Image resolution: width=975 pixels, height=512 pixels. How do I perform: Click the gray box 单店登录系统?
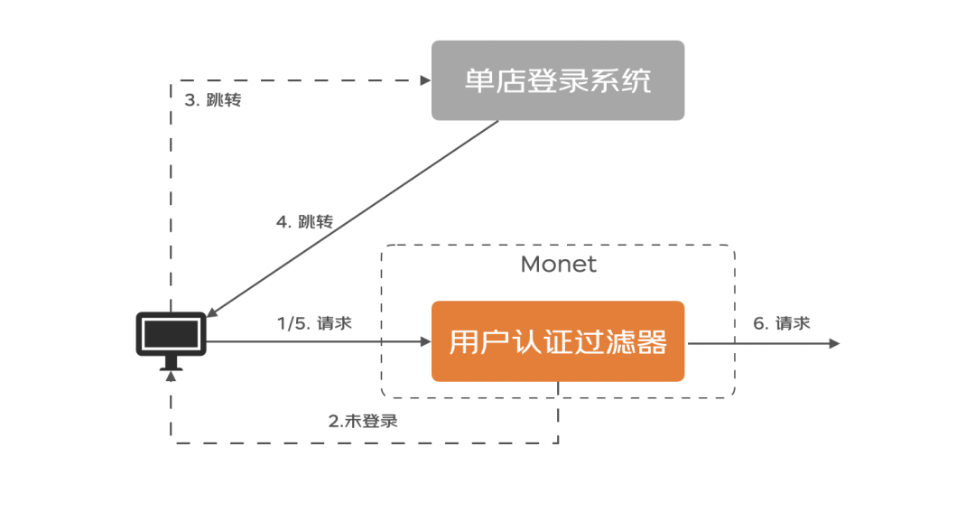coord(557,80)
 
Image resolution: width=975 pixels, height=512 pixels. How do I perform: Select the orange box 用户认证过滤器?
coord(557,341)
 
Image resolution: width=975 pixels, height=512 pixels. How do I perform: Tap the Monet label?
coord(558,265)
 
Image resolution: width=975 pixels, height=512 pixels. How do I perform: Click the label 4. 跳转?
coord(304,221)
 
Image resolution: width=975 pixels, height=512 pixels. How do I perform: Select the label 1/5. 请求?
coord(314,323)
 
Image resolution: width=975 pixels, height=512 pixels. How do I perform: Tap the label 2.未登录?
coord(362,421)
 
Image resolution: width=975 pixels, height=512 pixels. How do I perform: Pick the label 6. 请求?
coord(782,323)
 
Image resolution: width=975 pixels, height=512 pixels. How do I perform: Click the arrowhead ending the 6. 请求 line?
coord(834,343)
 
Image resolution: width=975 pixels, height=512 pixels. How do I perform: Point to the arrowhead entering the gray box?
coord(425,80)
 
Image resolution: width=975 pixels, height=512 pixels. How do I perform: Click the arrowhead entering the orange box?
coord(425,342)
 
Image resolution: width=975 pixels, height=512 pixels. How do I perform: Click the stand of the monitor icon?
coord(172,364)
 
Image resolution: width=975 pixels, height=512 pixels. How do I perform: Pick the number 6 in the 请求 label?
coord(758,323)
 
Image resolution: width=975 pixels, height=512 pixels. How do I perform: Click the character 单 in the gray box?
coord(478,80)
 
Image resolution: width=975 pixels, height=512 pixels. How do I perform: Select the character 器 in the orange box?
coord(653,342)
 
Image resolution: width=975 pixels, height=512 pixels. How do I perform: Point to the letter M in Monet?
coord(529,265)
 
